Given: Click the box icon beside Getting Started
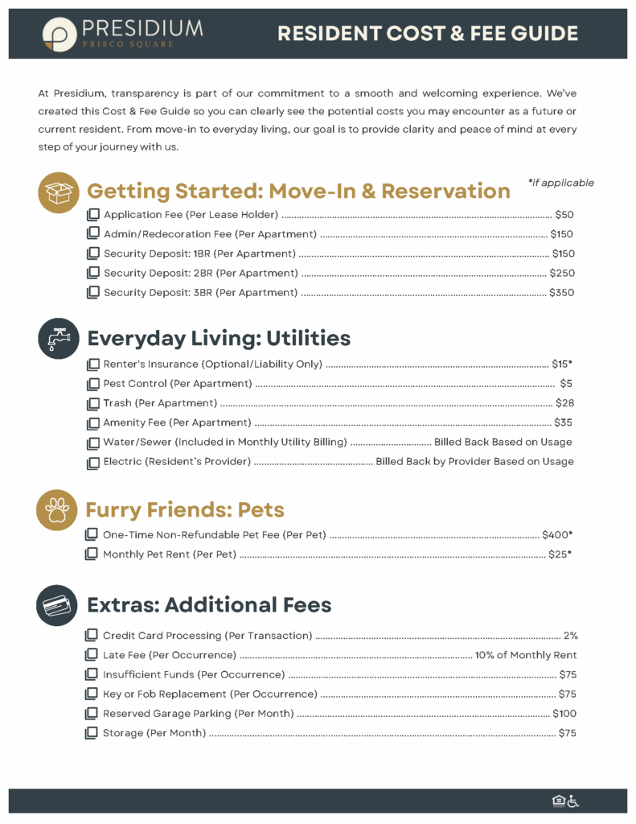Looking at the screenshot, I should (59, 192).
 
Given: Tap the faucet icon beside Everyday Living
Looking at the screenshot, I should (58, 338).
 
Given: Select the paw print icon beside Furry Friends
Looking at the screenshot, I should (58, 510).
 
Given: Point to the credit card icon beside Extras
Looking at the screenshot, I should (58, 605).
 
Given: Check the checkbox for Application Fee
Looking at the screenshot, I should (92, 215).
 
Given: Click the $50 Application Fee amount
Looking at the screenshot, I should (564, 215).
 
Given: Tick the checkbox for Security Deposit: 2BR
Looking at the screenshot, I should (92, 274).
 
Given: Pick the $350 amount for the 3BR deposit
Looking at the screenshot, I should (561, 293).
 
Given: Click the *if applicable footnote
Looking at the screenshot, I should (560, 183).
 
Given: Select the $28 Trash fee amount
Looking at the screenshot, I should (564, 403).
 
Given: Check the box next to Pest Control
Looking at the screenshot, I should (92, 384).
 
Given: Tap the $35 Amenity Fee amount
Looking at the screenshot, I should (564, 422).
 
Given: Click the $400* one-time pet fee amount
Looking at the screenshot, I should (557, 534).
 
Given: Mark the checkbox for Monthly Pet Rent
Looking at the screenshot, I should (92, 554).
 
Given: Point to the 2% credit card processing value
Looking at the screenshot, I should (570, 636).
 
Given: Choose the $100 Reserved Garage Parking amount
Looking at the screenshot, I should (564, 714).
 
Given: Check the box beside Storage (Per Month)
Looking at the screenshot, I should (92, 733).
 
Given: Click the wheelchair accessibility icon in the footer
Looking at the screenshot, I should (573, 801).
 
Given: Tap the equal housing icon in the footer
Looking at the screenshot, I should (558, 801).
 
